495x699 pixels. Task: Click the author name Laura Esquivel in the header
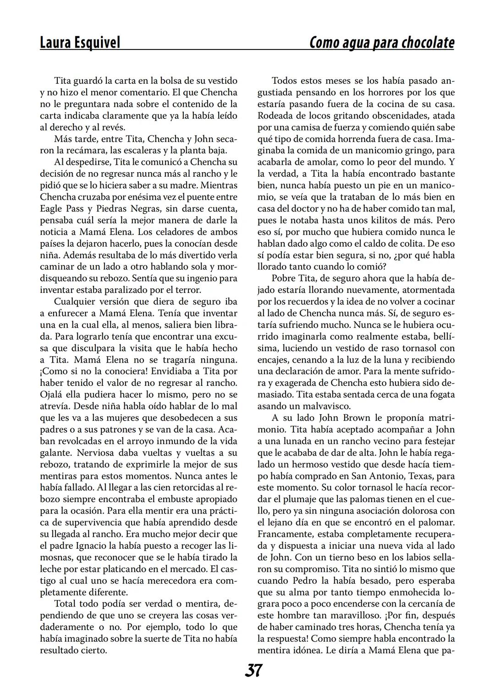[x=80, y=43]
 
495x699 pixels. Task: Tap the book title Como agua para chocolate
[x=382, y=43]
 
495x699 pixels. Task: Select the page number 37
[x=253, y=671]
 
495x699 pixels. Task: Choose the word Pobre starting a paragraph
[x=284, y=278]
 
